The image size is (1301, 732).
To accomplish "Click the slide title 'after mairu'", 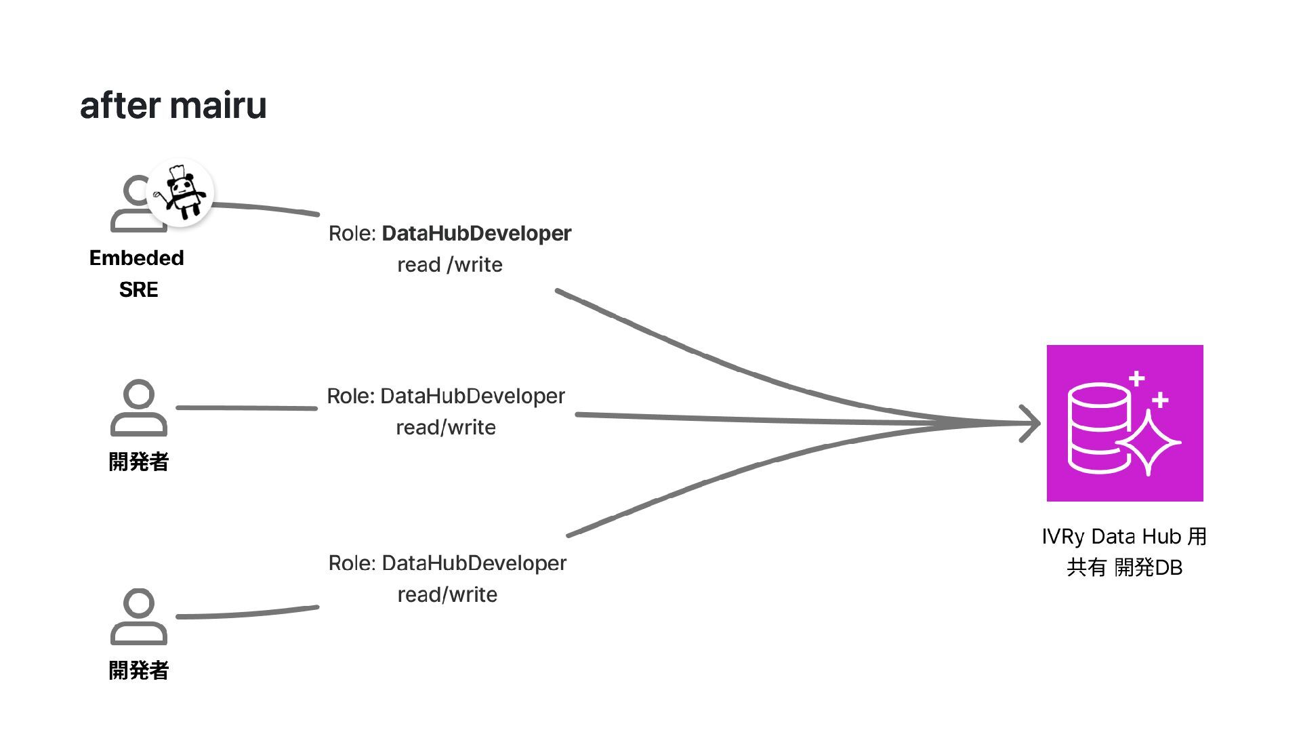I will pos(173,106).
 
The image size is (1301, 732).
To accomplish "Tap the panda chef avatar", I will pos(181,193).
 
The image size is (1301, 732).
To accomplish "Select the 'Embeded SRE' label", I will pos(137,273).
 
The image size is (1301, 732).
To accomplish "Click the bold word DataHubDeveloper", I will pos(476,233).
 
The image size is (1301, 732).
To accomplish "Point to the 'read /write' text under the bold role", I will pos(450,264).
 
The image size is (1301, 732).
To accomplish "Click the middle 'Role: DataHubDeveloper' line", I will pos(446,396).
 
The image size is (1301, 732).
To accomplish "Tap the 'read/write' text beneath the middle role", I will pos(446,428).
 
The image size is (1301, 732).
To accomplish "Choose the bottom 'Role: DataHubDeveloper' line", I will pos(447,563).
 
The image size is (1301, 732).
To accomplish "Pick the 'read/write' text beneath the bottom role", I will pos(447,595).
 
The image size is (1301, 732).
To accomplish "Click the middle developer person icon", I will pos(139,407).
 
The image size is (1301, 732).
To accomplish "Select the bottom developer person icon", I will pos(139,616).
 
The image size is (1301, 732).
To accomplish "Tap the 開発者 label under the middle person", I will pos(139,462).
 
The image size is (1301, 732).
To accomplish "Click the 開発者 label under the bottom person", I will pos(139,671).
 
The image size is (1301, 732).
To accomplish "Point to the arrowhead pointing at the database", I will pos(1031,424).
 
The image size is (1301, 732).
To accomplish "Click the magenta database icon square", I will pos(1125,423).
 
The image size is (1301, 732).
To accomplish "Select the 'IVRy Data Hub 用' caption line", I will pos(1124,537).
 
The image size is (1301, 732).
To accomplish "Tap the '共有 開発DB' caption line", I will pos(1124,567).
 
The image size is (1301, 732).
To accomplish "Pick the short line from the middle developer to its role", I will pos(247,407).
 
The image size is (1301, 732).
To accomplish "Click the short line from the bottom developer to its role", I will pos(247,613).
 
